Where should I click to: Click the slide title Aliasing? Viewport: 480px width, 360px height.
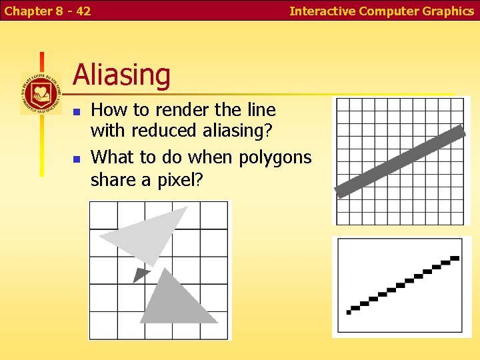[121, 75]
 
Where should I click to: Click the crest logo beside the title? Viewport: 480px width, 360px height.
[41, 93]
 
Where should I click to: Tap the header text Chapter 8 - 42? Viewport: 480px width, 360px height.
[47, 11]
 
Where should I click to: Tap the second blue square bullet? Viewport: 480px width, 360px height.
[77, 159]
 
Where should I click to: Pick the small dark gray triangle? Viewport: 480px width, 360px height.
[141, 273]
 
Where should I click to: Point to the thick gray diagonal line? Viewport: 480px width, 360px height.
[400, 161]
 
